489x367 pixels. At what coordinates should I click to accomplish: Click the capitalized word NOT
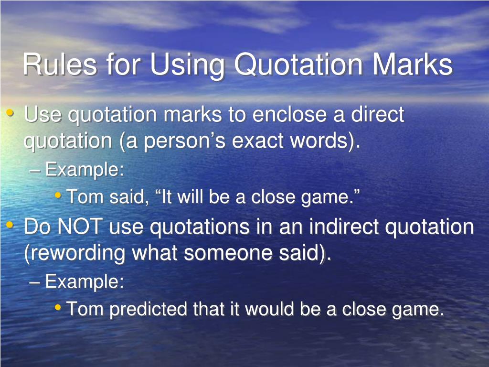coord(80,227)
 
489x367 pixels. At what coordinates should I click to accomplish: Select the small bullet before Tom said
coord(58,195)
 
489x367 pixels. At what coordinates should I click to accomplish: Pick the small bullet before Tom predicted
coord(58,308)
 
